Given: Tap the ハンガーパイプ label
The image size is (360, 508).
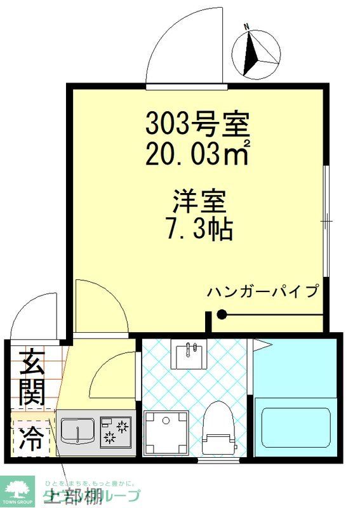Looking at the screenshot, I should (x=262, y=292).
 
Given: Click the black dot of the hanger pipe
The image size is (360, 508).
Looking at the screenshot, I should (x=222, y=314).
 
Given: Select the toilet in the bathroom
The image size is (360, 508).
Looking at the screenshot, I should (x=218, y=427).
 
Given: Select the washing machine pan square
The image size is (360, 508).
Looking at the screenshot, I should (x=167, y=432).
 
